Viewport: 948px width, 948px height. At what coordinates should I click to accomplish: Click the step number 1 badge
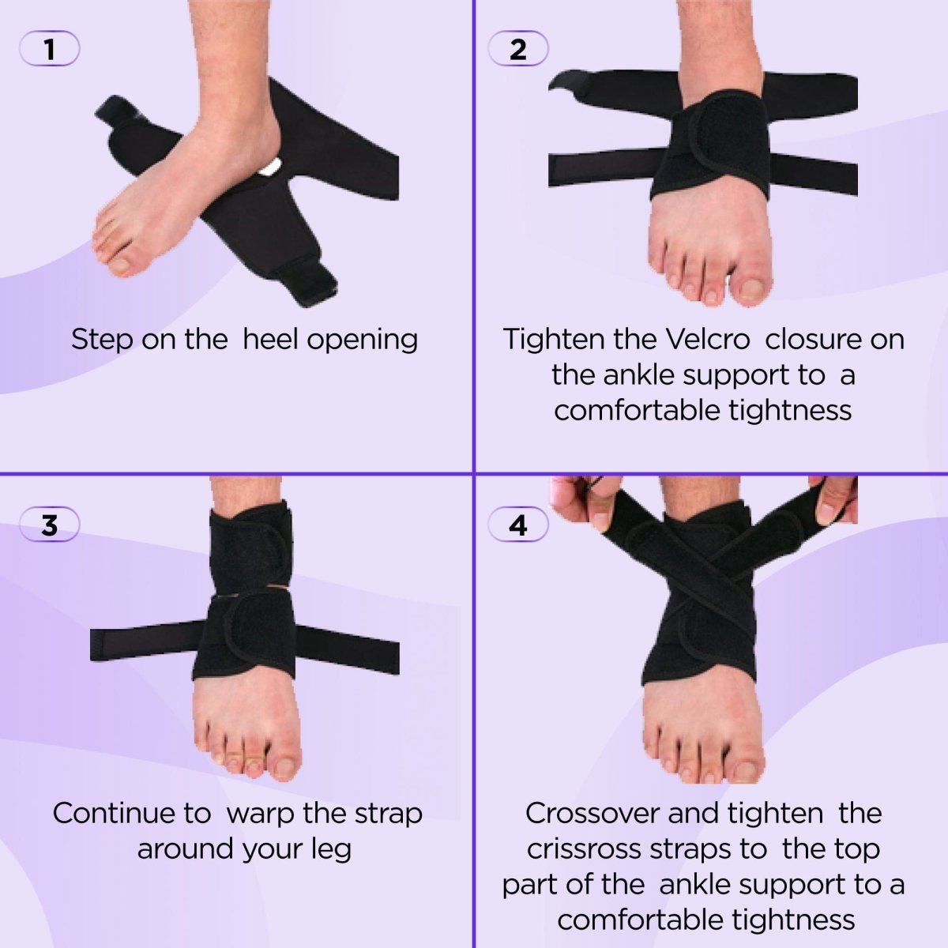point(49,50)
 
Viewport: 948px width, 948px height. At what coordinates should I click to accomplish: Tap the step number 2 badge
point(518,50)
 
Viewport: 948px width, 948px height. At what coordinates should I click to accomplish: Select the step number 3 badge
point(49,525)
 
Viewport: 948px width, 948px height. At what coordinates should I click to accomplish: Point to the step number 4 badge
point(518,525)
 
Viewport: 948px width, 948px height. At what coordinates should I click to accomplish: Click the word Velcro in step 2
point(707,339)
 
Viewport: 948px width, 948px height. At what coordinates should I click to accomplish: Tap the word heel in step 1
point(270,339)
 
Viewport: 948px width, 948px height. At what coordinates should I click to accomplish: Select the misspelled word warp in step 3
point(261,813)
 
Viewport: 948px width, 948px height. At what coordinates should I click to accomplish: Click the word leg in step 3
point(331,849)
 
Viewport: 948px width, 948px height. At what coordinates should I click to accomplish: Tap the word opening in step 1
point(362,340)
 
